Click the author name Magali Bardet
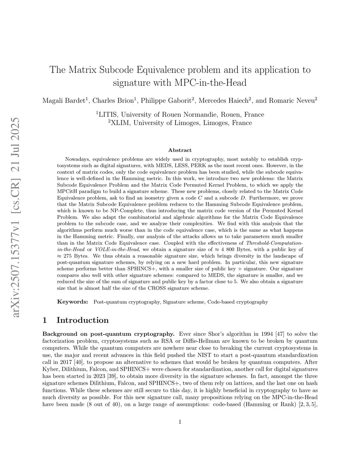tap(64, 101)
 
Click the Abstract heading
tap(180, 150)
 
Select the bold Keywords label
tap(72, 302)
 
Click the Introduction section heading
tap(83, 320)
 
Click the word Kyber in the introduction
tap(49, 369)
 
